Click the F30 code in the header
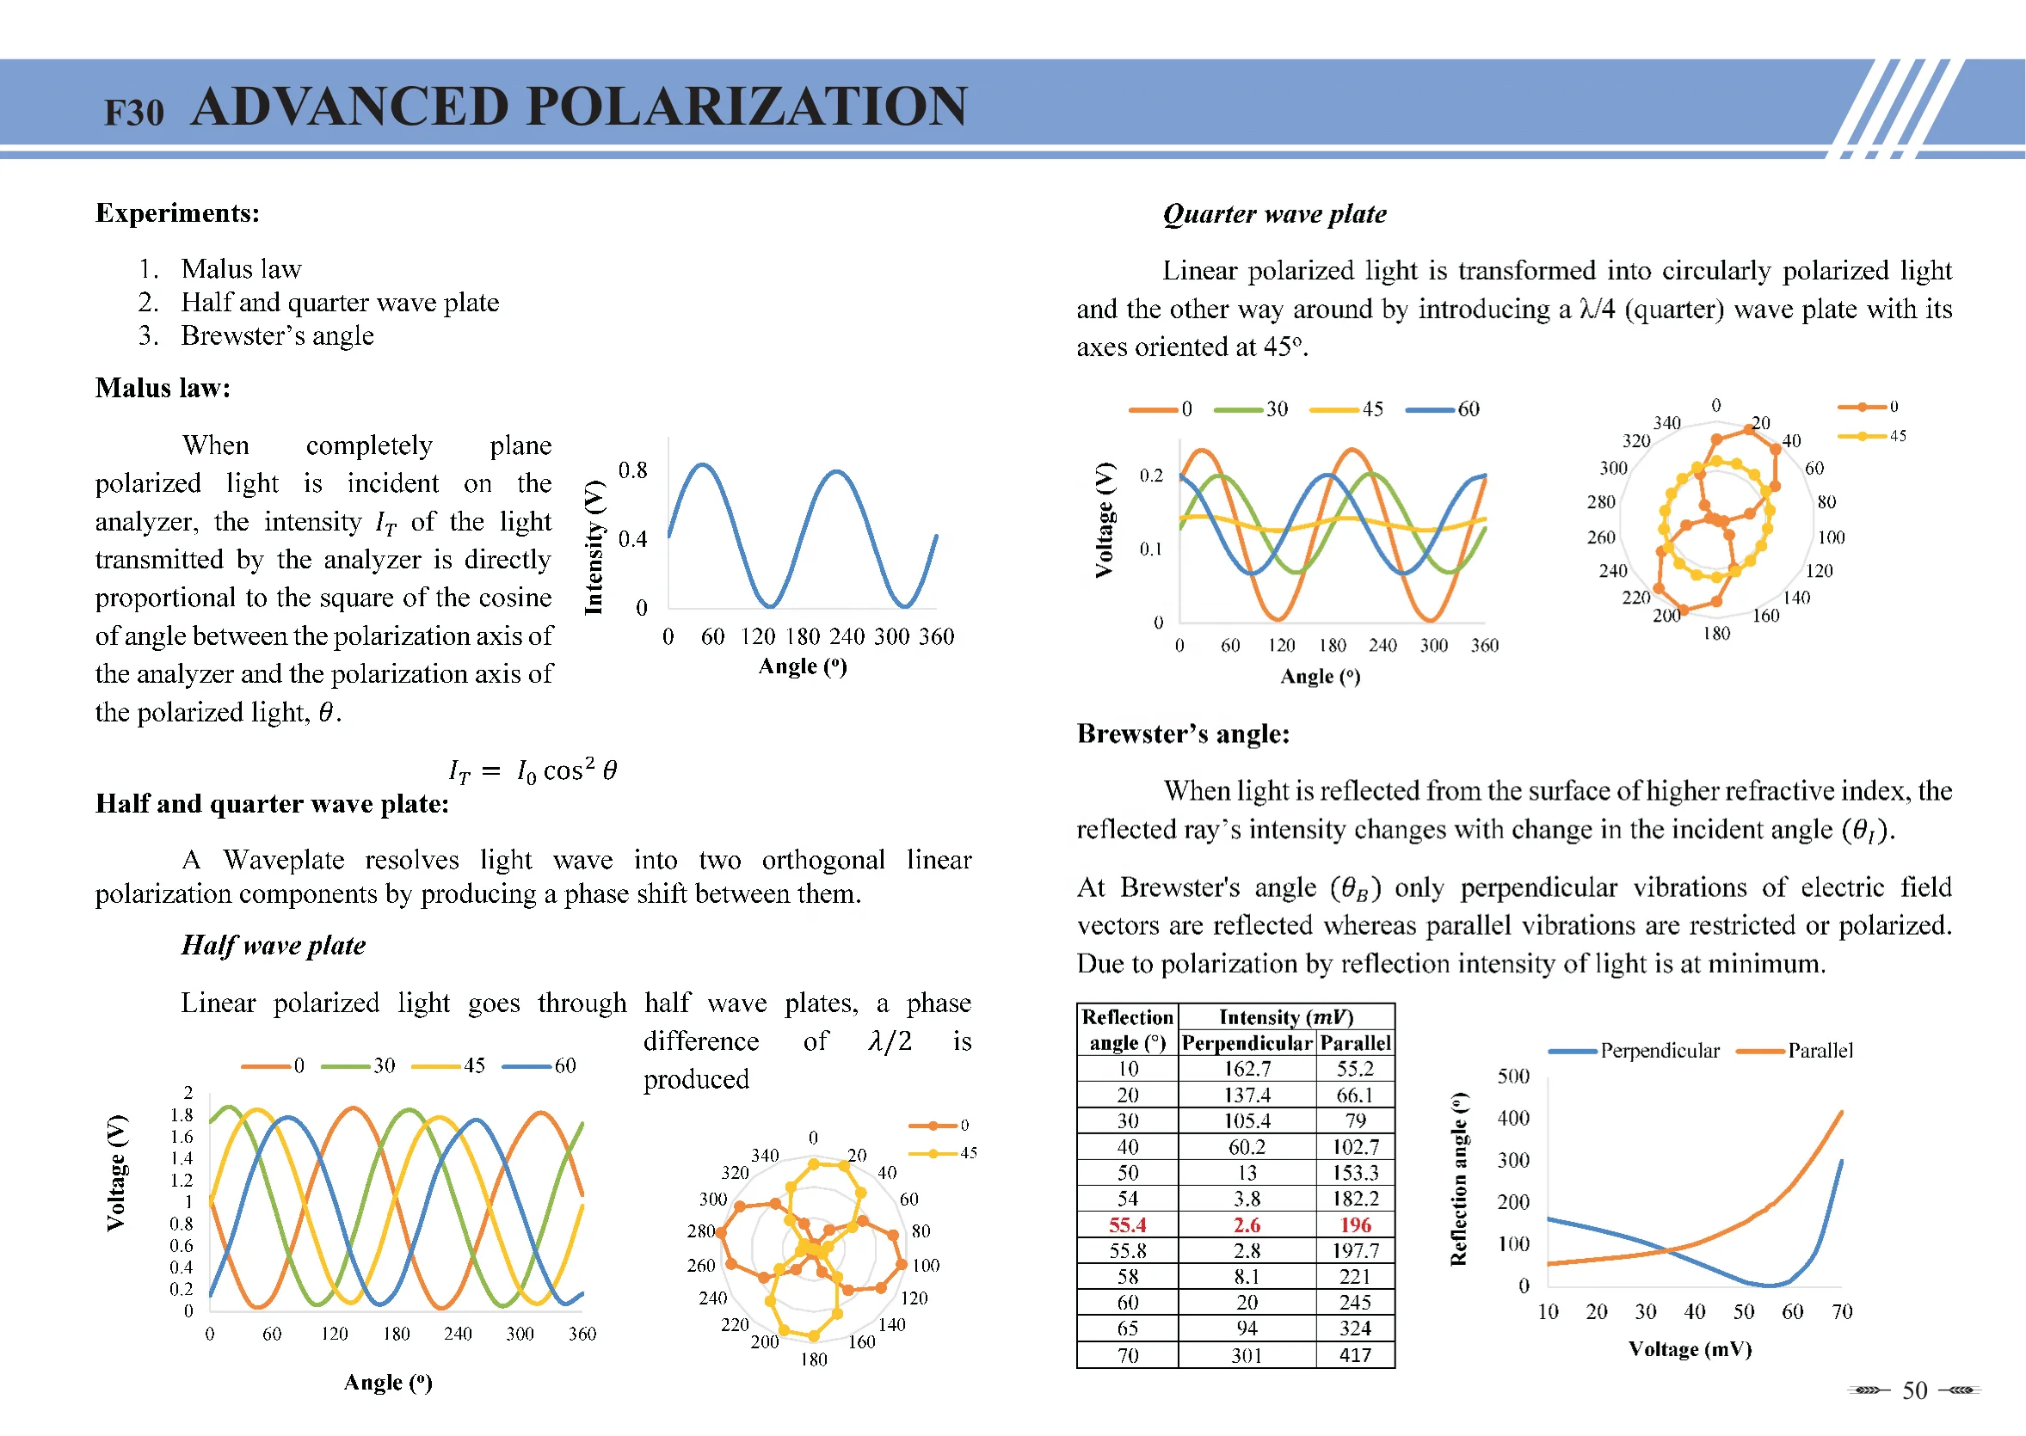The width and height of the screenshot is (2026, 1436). coord(133,114)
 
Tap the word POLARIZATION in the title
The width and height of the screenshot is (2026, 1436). coord(747,107)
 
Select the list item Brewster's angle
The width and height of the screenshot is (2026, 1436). coord(277,336)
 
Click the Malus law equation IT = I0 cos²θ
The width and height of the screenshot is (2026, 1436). coord(533,771)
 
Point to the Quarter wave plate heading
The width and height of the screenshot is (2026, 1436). coord(1274,214)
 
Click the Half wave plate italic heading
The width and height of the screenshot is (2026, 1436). coord(274,945)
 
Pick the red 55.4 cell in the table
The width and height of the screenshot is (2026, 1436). coord(1127,1224)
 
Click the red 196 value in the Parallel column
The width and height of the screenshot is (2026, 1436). coord(1354,1224)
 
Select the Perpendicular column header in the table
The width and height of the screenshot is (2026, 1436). coord(1247,1043)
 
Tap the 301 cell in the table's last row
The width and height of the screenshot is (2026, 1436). coord(1247,1354)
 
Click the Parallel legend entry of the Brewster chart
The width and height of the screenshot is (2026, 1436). coord(1819,1051)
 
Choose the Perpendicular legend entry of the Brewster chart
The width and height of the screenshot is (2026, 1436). coord(1659,1051)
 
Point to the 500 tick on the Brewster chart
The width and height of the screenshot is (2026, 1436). coord(1513,1076)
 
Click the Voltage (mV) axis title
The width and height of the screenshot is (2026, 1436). coord(1690,1349)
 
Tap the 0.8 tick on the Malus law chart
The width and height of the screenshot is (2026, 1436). coord(632,470)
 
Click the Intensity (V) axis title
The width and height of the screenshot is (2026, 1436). coord(594,548)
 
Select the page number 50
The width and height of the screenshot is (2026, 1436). coord(1914,1391)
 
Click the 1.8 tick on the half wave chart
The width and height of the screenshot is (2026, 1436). coord(182,1115)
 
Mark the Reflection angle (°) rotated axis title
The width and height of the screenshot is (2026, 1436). coord(1459,1180)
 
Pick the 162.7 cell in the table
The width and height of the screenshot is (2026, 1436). coord(1247,1069)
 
